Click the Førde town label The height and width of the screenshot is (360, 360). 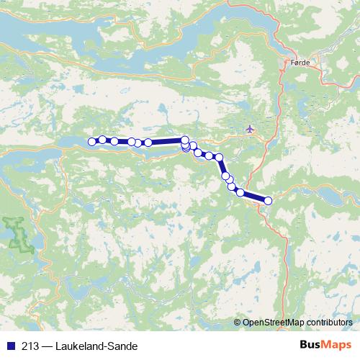point(300,63)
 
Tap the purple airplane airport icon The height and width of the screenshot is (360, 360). point(251,129)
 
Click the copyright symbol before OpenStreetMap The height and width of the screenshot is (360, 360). point(238,323)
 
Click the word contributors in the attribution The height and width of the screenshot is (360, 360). point(328,323)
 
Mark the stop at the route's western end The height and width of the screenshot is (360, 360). point(92,142)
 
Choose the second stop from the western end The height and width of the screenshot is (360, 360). point(102,139)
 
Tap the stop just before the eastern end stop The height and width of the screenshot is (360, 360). point(240,192)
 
